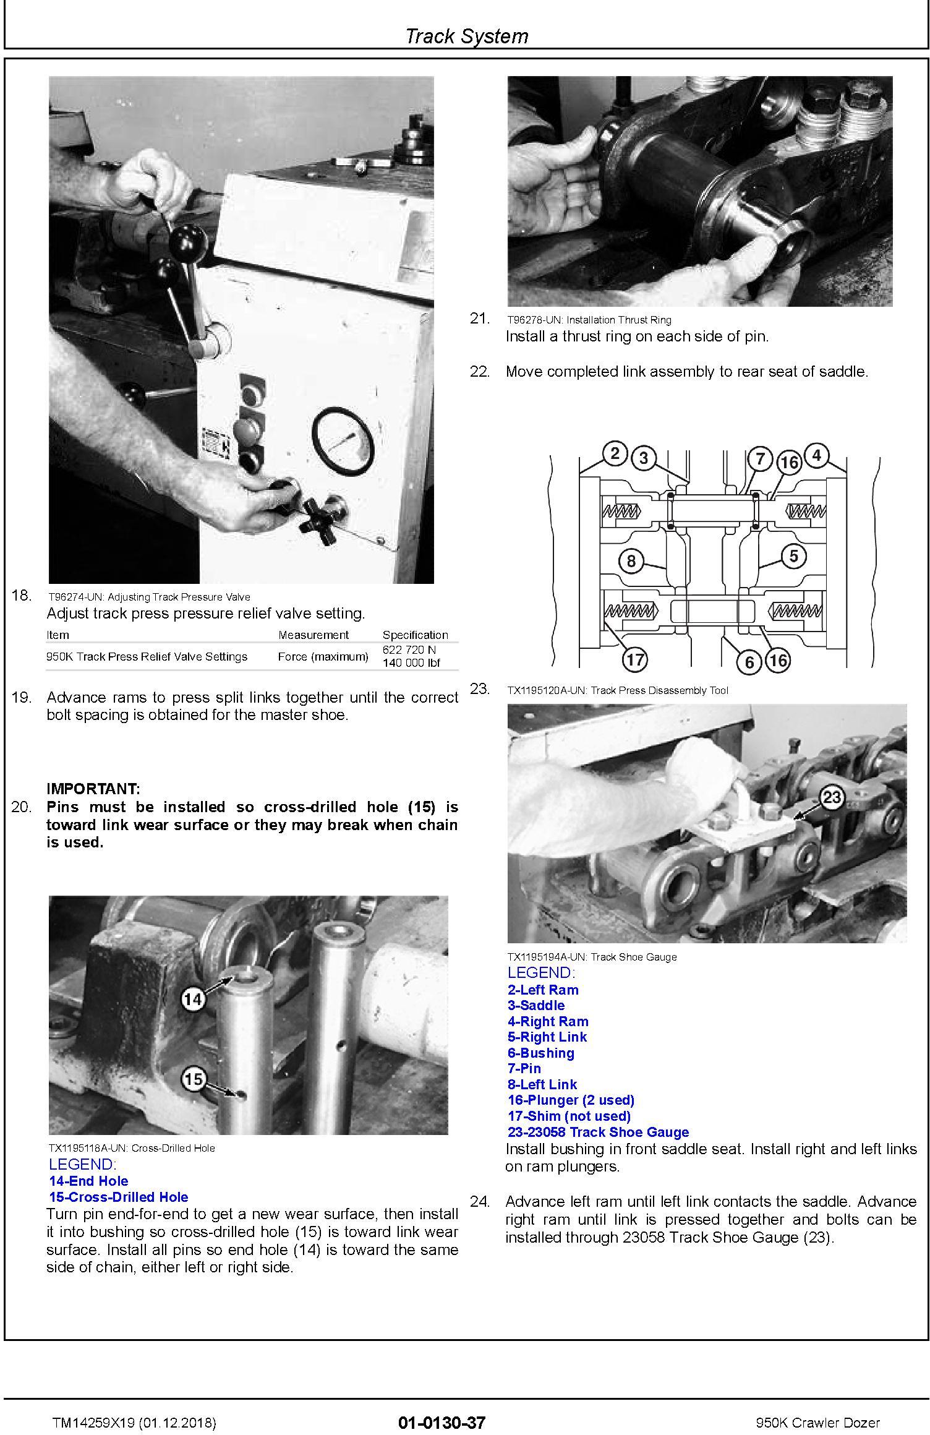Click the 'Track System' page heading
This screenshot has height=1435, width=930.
[466, 36]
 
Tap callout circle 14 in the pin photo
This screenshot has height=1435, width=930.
[194, 999]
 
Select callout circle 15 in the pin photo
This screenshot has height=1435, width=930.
[194, 1079]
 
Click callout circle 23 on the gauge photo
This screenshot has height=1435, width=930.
[832, 797]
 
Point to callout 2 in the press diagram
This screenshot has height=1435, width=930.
[615, 455]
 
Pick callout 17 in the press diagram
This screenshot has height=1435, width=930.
[635, 660]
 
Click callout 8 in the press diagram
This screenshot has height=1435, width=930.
[631, 561]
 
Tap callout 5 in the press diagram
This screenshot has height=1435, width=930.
[794, 556]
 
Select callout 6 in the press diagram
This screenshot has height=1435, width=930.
[749, 662]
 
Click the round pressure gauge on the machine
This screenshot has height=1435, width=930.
[343, 440]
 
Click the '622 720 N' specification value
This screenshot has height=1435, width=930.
[409, 650]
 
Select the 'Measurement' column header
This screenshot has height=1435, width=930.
[313, 635]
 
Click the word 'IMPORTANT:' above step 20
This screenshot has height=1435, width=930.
[93, 789]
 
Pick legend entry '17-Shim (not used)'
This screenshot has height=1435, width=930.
[569, 1116]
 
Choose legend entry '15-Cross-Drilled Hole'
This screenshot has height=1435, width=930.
[118, 1197]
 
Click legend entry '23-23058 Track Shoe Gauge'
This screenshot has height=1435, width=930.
[598, 1132]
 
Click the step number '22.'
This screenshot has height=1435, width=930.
[480, 372]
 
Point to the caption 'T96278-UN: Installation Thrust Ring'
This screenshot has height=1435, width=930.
[589, 320]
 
